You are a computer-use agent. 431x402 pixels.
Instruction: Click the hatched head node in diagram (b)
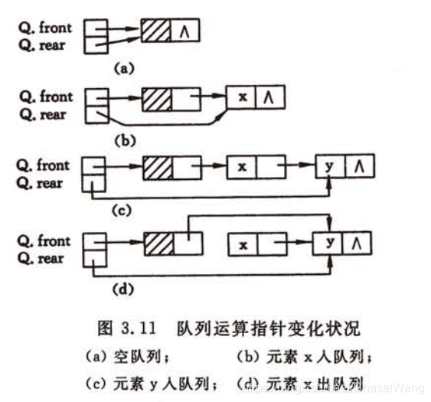(x=156, y=99)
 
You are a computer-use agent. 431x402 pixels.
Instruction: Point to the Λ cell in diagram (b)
(x=267, y=97)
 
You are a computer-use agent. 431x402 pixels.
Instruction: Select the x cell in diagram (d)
(x=243, y=244)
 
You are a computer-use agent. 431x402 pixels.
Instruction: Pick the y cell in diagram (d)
(x=329, y=243)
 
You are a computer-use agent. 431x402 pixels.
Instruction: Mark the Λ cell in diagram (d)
(x=356, y=243)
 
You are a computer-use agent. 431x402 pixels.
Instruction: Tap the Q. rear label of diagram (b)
(x=43, y=115)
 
